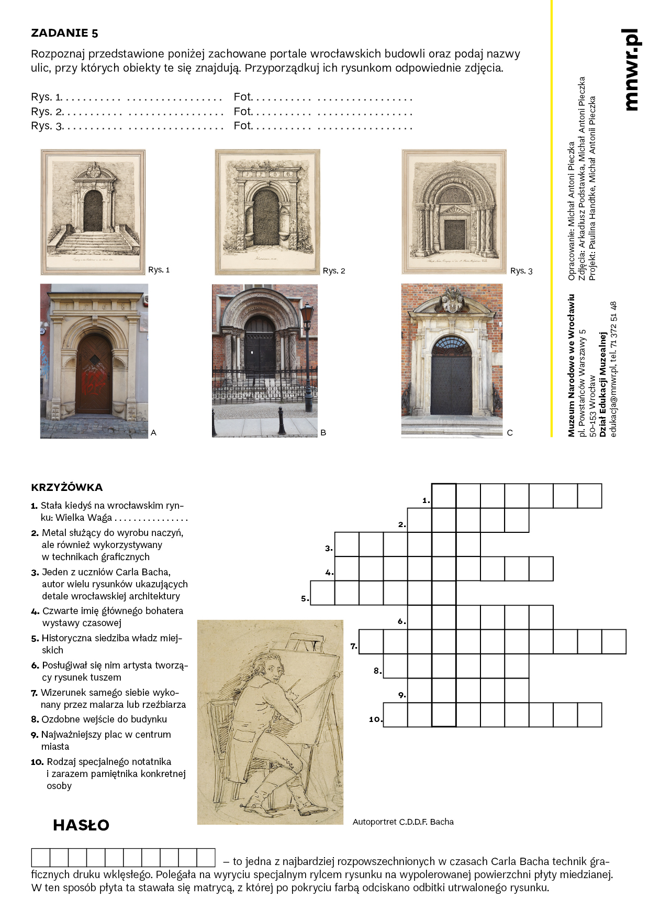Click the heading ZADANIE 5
pyautogui.click(x=64, y=33)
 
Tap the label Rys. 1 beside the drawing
pyautogui.click(x=159, y=270)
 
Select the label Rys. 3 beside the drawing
pyautogui.click(x=521, y=271)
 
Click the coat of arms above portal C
pyautogui.click(x=452, y=300)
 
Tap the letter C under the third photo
pyautogui.click(x=510, y=433)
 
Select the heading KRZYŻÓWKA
pyautogui.click(x=66, y=487)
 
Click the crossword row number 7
pyautogui.click(x=354, y=646)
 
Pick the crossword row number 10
pyautogui.click(x=375, y=719)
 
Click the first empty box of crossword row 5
pyautogui.click(x=322, y=593)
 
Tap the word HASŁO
pyautogui.click(x=81, y=825)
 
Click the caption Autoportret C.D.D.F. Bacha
pyautogui.click(x=403, y=822)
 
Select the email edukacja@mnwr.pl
pyautogui.click(x=614, y=401)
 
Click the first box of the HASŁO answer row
pyautogui.click(x=41, y=857)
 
